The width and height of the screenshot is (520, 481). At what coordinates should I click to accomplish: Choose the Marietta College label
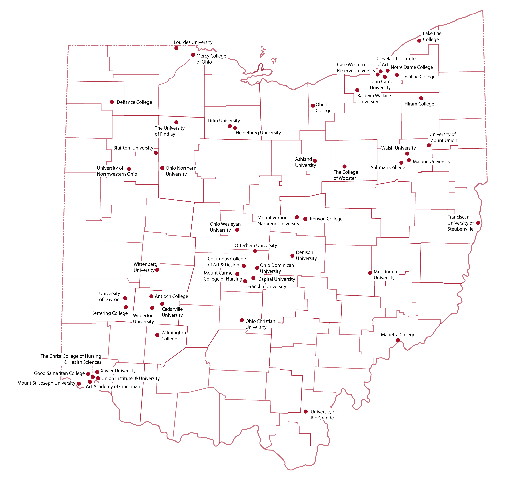(x=398, y=335)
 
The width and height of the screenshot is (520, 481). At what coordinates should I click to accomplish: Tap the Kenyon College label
(x=326, y=219)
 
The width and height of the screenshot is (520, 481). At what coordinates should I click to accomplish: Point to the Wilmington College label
(x=173, y=336)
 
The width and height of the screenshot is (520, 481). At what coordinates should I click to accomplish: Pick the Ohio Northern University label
(x=181, y=171)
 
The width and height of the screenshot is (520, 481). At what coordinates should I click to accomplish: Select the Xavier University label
(x=118, y=371)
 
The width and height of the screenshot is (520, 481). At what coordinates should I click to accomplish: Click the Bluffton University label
(x=133, y=148)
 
